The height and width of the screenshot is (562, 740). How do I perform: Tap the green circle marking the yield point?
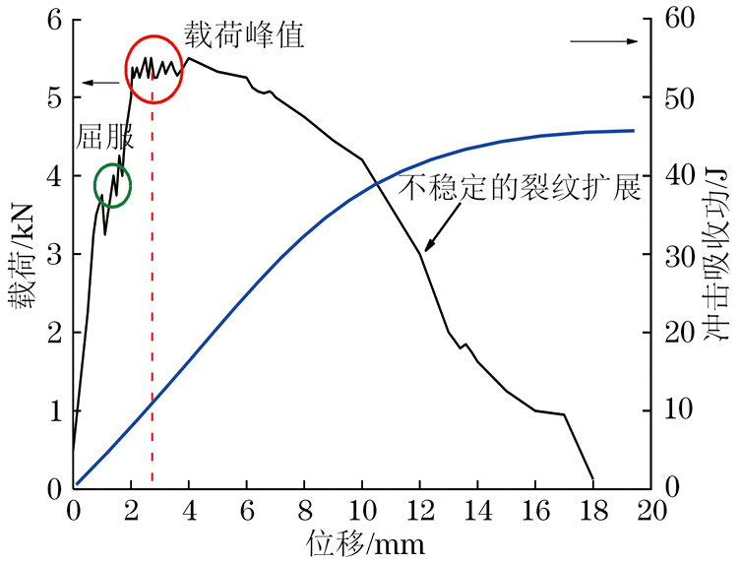(x=112, y=184)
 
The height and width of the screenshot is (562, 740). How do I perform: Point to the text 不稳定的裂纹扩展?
(x=521, y=188)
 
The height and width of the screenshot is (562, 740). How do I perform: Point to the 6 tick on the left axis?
(x=54, y=19)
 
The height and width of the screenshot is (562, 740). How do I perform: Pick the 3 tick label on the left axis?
(x=54, y=254)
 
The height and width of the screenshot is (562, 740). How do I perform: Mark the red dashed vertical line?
(x=153, y=344)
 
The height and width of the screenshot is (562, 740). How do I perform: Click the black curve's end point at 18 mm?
(x=592, y=479)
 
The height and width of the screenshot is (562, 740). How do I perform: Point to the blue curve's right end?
(x=633, y=130)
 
